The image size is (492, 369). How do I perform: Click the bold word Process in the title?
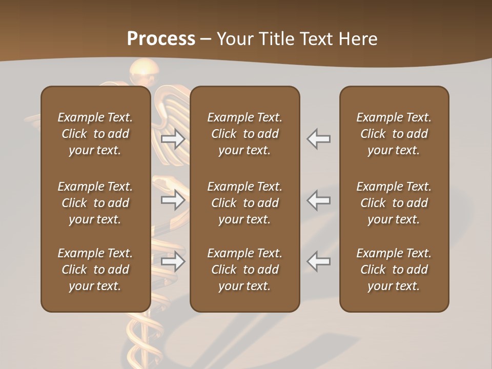coord(161,38)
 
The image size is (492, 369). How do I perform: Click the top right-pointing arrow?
coord(173,139)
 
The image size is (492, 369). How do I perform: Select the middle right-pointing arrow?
coord(173,200)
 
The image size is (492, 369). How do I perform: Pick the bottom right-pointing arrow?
coord(173,261)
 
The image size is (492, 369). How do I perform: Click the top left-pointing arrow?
coord(319,139)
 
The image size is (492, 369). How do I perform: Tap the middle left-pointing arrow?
coord(319,200)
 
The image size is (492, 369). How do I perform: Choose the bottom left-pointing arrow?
coord(319,261)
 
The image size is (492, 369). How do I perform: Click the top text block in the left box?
coord(95,134)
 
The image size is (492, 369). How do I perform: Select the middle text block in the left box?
coord(95,203)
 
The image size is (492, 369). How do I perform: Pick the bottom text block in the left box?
coord(95,270)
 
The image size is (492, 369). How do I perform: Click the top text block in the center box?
coord(245,134)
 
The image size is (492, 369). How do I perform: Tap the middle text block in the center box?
coord(245,203)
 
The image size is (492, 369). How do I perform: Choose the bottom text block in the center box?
coord(245,270)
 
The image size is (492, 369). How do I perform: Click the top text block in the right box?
coord(394,134)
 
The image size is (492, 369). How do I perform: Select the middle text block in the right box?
coord(394,203)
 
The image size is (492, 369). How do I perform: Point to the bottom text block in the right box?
coord(394,270)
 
